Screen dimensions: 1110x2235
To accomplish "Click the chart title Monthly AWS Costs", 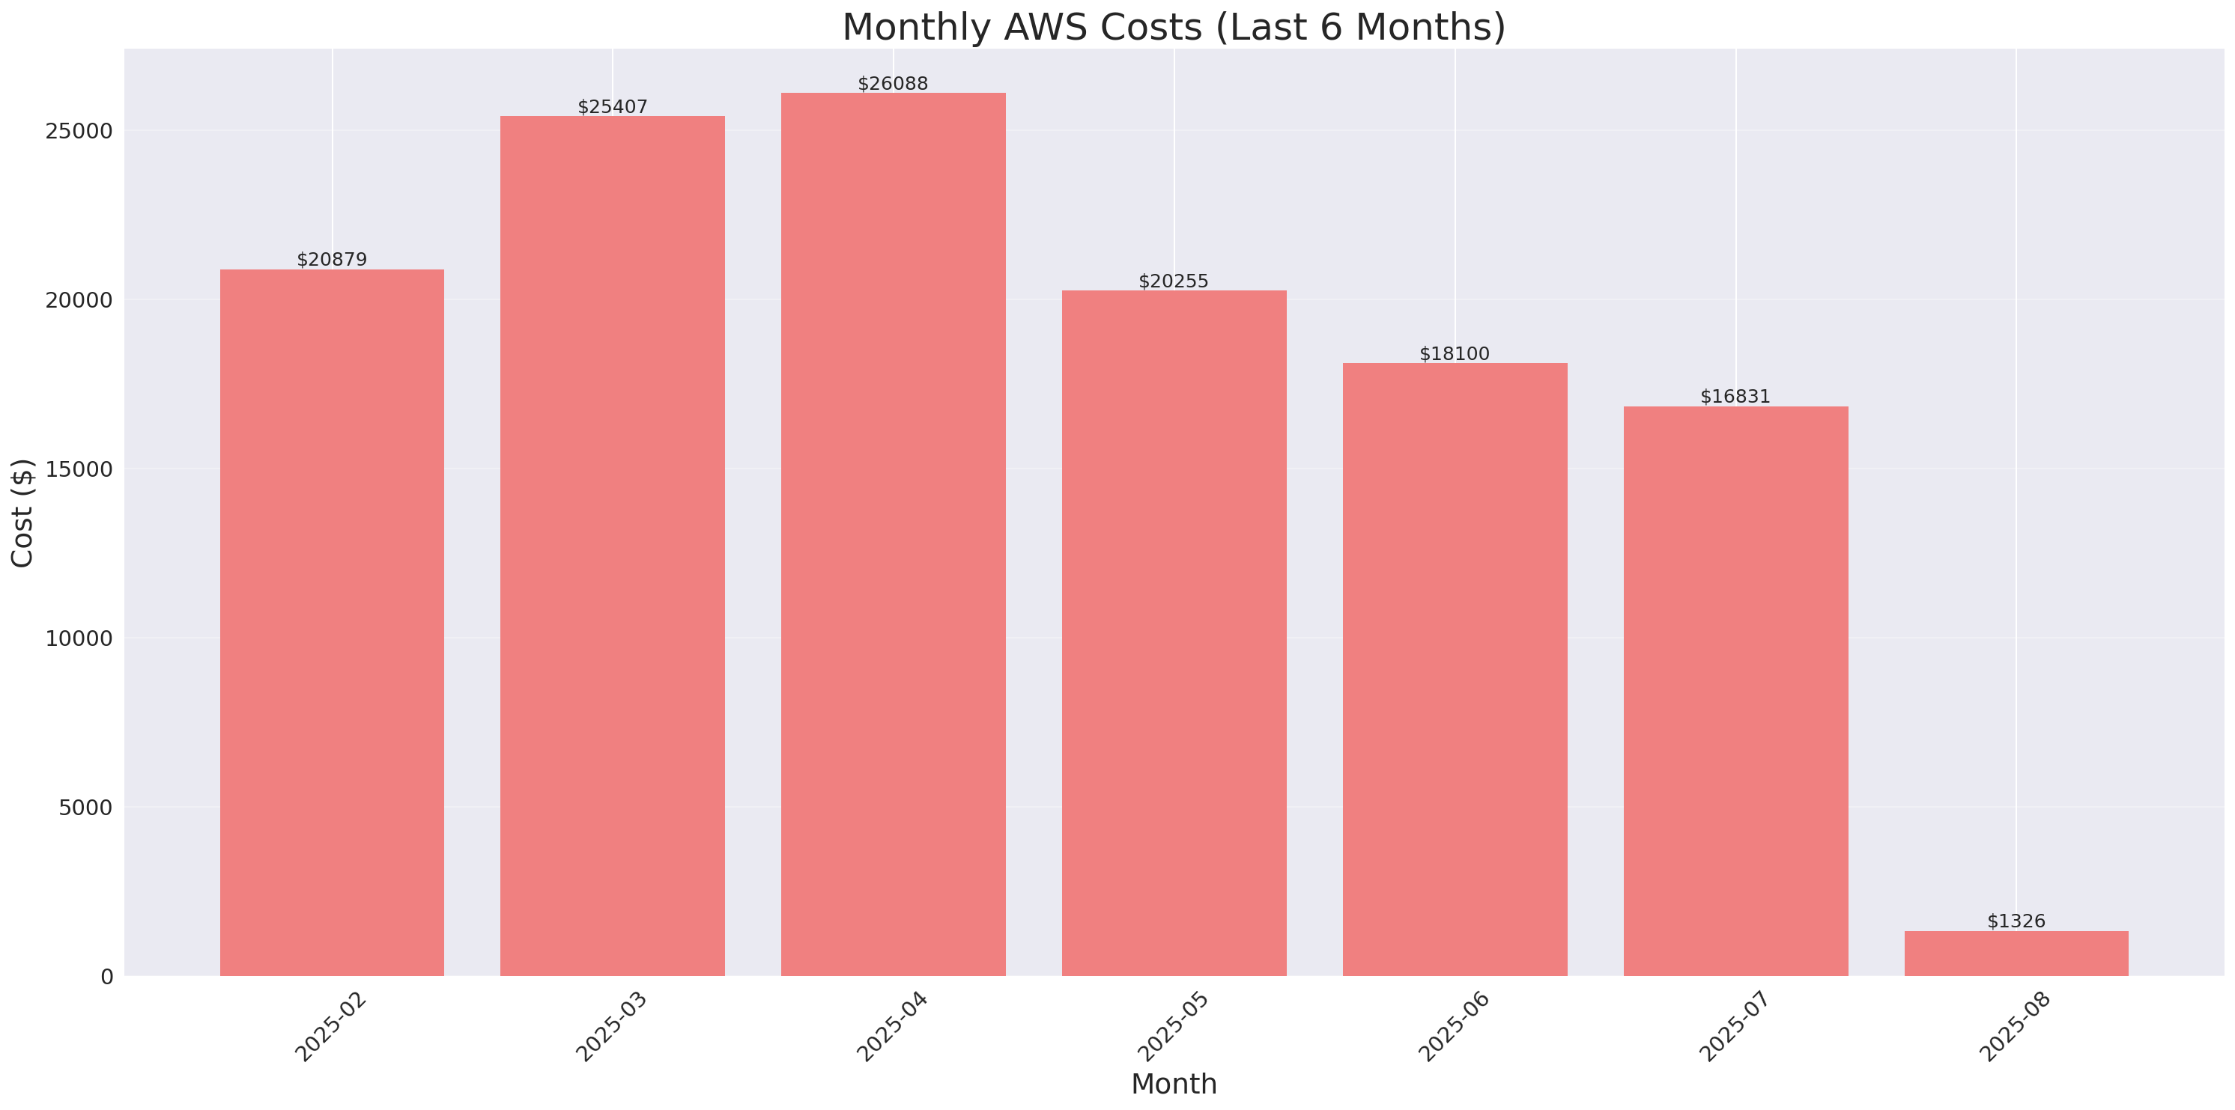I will [1173, 27].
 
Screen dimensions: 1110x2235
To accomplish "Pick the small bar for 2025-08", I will [2016, 953].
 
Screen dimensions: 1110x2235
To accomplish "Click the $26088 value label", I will [893, 83].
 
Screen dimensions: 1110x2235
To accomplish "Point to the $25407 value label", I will [613, 107].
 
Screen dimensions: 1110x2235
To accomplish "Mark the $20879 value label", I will [332, 259].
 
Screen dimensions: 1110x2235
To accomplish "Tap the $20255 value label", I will [1173, 281].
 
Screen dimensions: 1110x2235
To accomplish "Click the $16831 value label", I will [1735, 396].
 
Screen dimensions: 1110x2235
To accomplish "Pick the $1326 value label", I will [2016, 921].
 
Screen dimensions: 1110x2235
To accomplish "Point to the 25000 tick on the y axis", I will [80, 131].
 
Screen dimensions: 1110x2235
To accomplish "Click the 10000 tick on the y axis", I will [80, 638].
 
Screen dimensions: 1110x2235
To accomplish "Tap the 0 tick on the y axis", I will [106, 978].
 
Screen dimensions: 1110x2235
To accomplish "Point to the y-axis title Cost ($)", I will [22, 513].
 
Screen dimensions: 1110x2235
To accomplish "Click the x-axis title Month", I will [1173, 1084].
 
